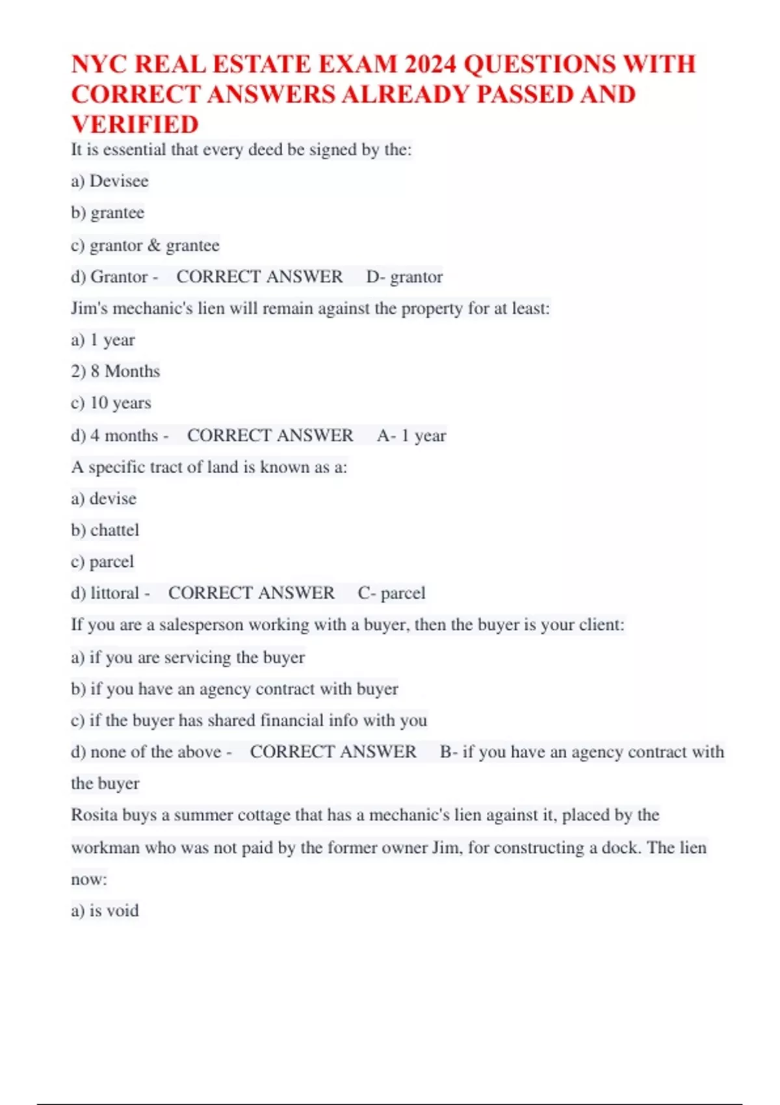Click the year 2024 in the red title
coord(430,64)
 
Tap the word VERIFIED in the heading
coord(135,124)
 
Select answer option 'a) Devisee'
coord(110,181)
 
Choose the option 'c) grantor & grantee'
coord(145,245)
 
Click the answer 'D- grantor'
coord(404,277)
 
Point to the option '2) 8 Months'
coord(115,371)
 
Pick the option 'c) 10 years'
coord(110,403)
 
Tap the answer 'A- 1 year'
coord(411,435)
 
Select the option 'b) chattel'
coord(105,530)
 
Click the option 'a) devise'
coord(103,499)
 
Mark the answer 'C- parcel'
coord(391,593)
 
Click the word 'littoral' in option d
coord(115,593)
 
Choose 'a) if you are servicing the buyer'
coord(188,657)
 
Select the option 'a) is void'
coord(105,910)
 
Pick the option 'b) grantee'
coord(107,213)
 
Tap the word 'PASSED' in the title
coord(524,94)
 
